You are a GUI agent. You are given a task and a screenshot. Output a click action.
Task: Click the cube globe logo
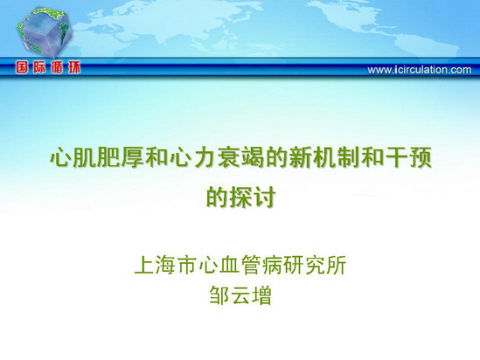click(x=45, y=32)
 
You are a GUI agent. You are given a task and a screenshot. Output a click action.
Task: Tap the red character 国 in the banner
click(x=22, y=67)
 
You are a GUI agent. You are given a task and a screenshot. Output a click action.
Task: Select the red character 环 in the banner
click(x=74, y=67)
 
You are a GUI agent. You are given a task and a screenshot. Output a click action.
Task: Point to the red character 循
click(x=57, y=67)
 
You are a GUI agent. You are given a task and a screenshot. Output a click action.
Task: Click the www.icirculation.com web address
click(x=420, y=70)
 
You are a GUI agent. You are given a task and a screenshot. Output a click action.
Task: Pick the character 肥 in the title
click(x=108, y=158)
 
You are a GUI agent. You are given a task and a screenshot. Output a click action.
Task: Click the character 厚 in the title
click(x=132, y=158)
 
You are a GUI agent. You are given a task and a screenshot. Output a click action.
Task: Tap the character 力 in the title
click(x=205, y=158)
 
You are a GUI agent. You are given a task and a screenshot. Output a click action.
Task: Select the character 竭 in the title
click(x=253, y=158)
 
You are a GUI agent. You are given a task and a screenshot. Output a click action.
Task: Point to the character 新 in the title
click(x=301, y=158)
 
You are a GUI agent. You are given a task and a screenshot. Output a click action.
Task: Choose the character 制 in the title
click(x=349, y=158)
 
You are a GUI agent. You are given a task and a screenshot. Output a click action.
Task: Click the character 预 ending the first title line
click(x=421, y=158)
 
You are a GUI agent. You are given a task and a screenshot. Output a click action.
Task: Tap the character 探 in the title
click(x=241, y=197)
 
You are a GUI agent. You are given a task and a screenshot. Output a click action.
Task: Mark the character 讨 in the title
click(x=265, y=197)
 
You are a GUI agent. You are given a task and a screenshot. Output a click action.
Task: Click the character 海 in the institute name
click(x=165, y=265)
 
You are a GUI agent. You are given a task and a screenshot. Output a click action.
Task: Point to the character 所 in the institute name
click(x=337, y=265)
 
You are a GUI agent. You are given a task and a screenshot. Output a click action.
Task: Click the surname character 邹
click(x=219, y=295)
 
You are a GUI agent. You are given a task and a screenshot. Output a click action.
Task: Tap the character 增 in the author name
click(x=262, y=295)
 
